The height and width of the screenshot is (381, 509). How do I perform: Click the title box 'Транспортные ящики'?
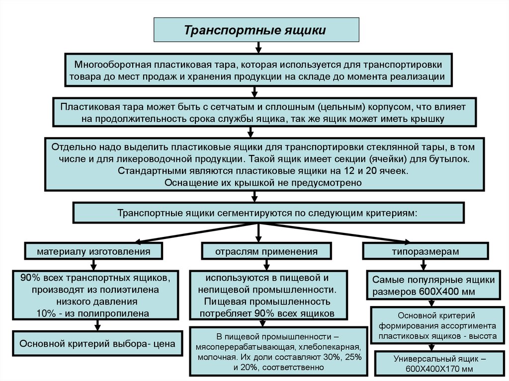(x=255, y=30)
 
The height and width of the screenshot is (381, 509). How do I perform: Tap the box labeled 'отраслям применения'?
(x=266, y=251)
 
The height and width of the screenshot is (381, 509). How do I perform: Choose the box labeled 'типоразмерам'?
(x=425, y=251)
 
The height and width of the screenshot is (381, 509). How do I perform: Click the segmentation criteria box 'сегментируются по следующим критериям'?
(x=268, y=213)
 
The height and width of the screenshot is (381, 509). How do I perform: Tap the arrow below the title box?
(x=258, y=48)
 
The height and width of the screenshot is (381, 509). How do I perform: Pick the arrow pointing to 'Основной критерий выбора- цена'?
(x=98, y=325)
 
